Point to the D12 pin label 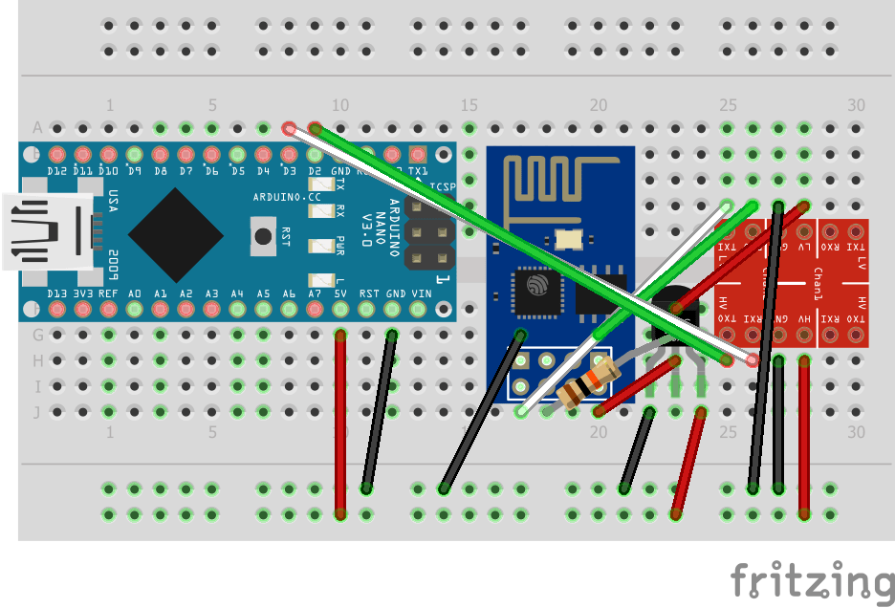56,171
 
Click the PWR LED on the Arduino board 317,246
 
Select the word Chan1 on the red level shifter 818,278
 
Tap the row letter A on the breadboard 38,127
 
